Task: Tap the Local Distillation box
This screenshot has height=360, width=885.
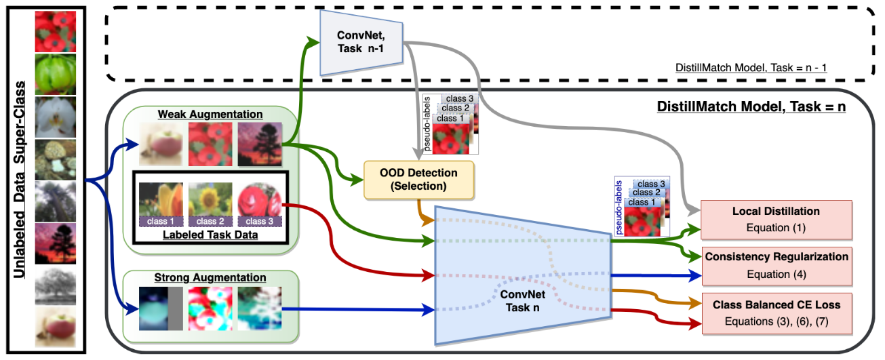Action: pos(776,219)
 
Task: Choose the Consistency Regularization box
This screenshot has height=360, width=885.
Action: pos(776,265)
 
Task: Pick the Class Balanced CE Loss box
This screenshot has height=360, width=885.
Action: pos(776,313)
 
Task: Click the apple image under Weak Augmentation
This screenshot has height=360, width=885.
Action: pos(161,144)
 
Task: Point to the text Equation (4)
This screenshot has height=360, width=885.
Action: pos(776,275)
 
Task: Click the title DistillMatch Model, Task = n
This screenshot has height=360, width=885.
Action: pos(752,107)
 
